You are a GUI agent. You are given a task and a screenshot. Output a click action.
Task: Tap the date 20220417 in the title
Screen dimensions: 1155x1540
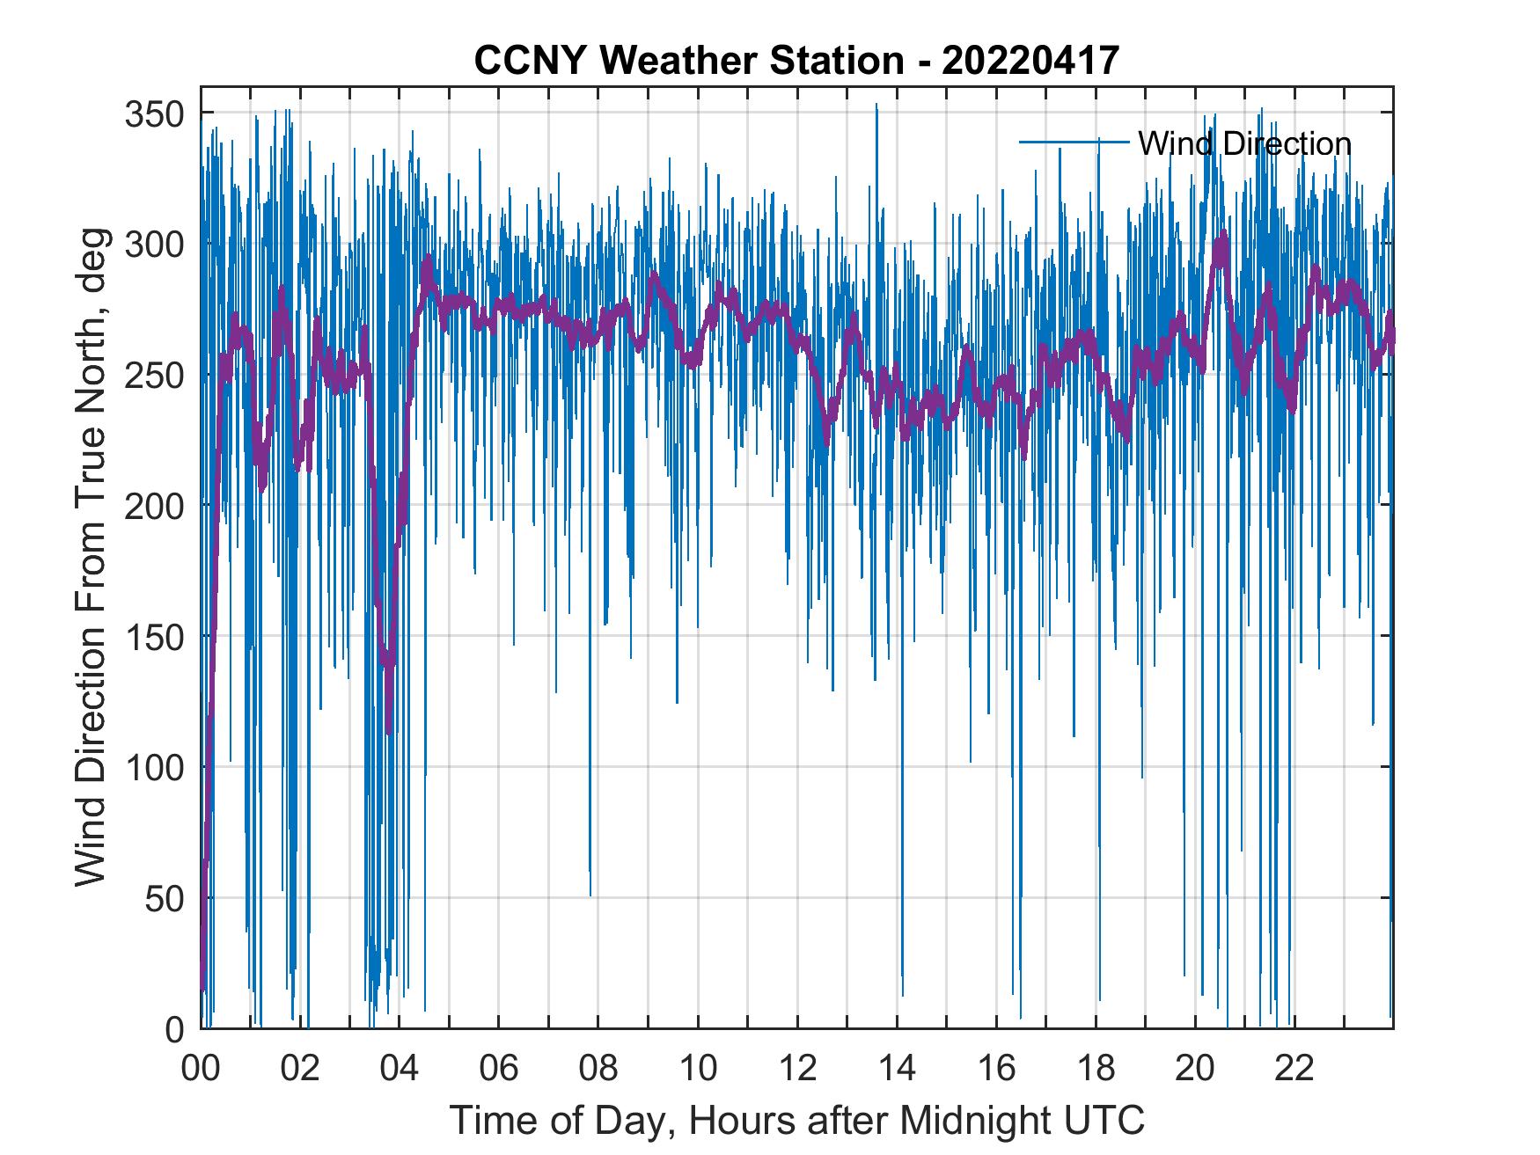(x=1030, y=61)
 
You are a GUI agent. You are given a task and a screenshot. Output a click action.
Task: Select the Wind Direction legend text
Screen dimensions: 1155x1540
(x=1244, y=143)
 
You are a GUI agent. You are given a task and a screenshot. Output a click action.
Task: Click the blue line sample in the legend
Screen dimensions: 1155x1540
(x=1074, y=142)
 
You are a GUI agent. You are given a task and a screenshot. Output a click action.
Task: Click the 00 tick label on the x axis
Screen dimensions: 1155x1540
(x=201, y=1070)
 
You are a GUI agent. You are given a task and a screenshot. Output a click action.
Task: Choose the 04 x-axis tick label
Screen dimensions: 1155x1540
(x=400, y=1070)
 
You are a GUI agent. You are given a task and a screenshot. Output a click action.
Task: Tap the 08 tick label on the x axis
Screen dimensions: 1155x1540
(x=598, y=1070)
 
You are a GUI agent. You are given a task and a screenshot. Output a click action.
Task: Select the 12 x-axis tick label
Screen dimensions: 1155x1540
(x=797, y=1070)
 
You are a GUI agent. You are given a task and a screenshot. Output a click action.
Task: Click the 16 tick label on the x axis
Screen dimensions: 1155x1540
(x=996, y=1070)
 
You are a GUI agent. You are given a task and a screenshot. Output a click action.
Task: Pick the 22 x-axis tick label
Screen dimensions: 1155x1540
(x=1294, y=1070)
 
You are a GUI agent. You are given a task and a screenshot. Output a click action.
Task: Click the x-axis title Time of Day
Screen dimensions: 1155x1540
(x=796, y=1121)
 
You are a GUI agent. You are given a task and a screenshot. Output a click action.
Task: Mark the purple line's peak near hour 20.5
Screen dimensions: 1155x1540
(x=1221, y=236)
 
